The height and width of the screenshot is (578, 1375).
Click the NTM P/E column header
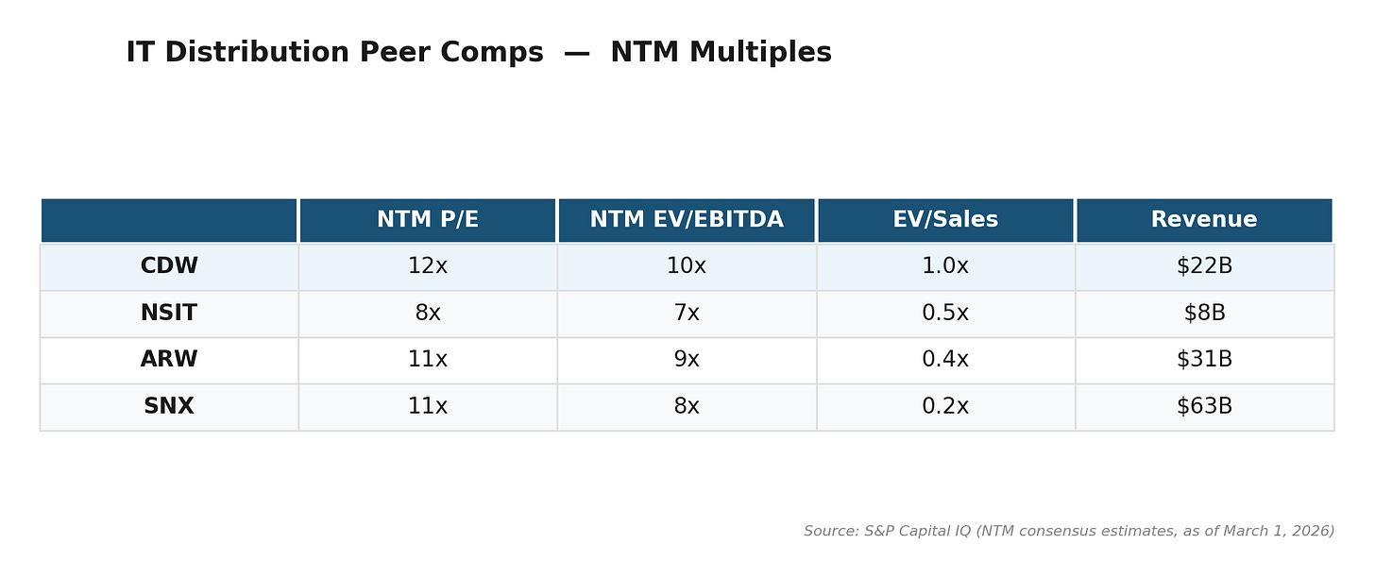428,220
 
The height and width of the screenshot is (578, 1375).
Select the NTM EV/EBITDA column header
687,220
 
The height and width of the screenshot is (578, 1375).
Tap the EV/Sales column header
945,220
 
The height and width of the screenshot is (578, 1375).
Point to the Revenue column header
1204,220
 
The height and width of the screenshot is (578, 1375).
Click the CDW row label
169,266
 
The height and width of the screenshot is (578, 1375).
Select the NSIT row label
169,314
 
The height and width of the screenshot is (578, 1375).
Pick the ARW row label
169,360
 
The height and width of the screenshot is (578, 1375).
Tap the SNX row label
169,407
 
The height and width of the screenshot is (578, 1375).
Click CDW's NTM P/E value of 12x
428,266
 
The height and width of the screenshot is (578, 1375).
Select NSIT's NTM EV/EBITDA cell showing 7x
687,314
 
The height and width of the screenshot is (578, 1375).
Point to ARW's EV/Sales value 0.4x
945,360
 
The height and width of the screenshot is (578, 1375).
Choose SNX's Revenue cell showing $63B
1204,407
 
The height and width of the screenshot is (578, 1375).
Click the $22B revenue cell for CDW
1204,266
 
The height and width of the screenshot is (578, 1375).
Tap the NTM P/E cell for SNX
428,407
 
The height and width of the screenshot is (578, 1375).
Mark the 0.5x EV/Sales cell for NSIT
945,314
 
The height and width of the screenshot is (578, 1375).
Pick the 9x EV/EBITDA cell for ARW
687,360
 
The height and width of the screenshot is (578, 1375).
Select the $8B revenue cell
1204,314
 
